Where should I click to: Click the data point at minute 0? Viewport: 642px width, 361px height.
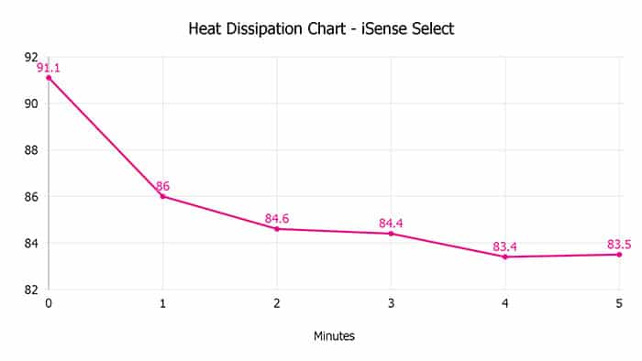pyautogui.click(x=49, y=78)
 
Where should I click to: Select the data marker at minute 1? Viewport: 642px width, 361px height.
pyautogui.click(x=162, y=196)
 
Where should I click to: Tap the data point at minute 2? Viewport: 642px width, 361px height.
pyautogui.click(x=277, y=228)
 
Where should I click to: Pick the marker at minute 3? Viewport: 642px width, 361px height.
pyautogui.click(x=391, y=234)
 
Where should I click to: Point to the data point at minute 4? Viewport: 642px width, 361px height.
pyautogui.click(x=505, y=257)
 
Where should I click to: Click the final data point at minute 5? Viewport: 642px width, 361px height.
pyautogui.click(x=619, y=254)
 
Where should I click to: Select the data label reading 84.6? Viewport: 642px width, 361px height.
pyautogui.click(x=277, y=218)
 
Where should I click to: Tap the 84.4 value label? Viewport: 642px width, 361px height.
pyautogui.click(x=391, y=223)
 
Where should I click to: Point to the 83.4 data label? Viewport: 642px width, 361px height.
pyautogui.click(x=505, y=246)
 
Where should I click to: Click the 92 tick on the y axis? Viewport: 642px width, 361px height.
pyautogui.click(x=31, y=57)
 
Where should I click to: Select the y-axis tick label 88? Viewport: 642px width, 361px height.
pyautogui.click(x=31, y=150)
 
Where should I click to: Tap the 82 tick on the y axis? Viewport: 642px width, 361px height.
pyautogui.click(x=31, y=290)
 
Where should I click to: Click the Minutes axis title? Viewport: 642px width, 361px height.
pyautogui.click(x=334, y=336)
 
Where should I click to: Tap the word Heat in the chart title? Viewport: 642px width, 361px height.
pyautogui.click(x=205, y=29)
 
